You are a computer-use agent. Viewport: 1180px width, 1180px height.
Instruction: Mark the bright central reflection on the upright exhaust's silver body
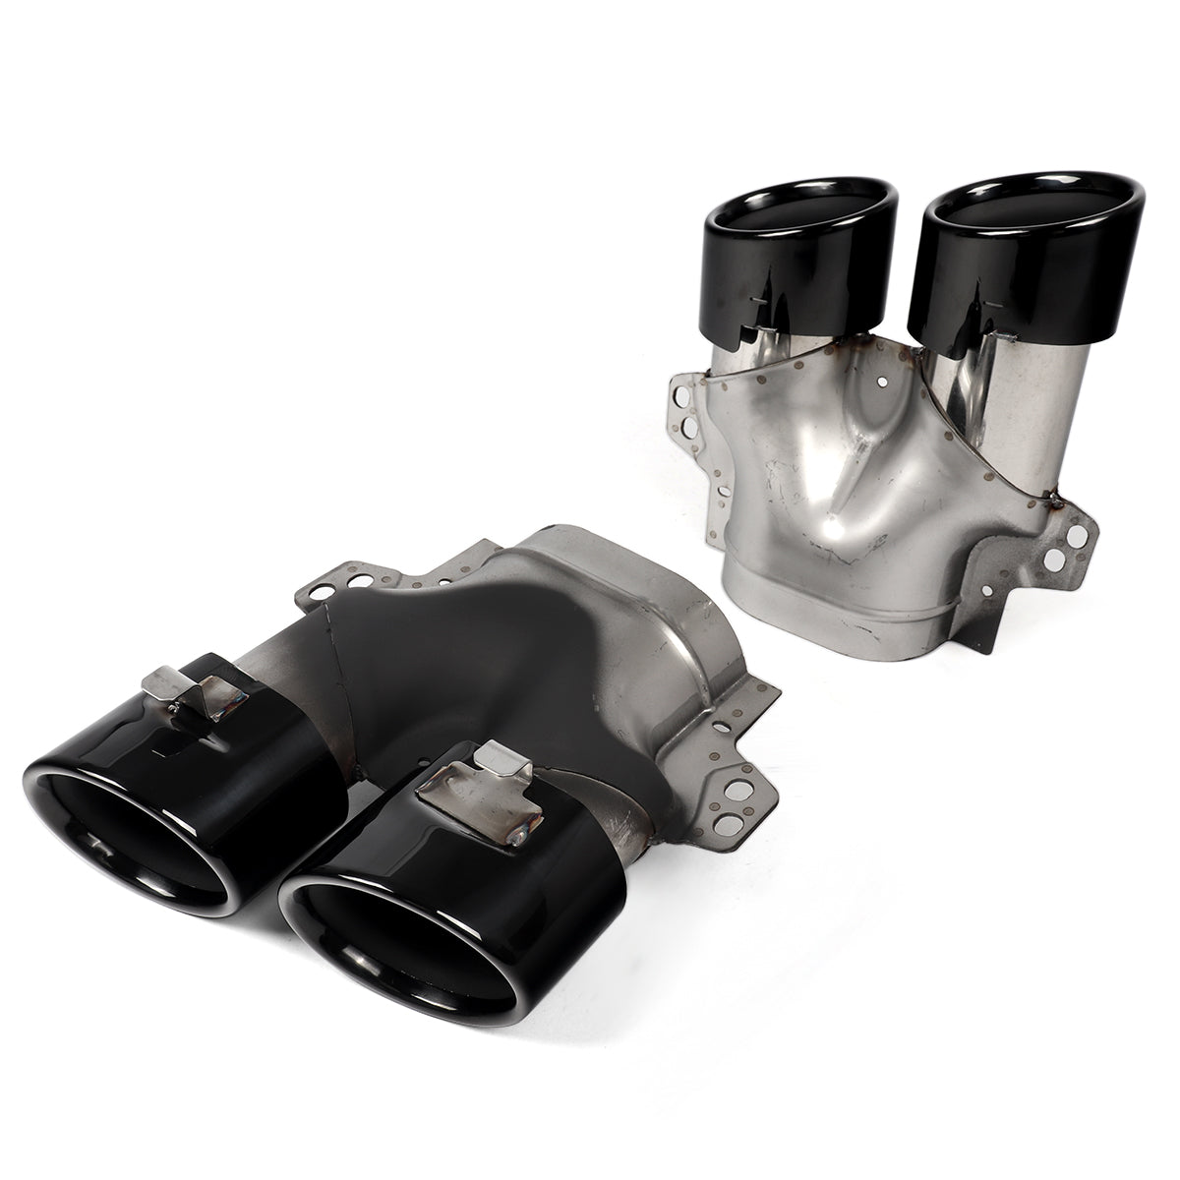point(865,511)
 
